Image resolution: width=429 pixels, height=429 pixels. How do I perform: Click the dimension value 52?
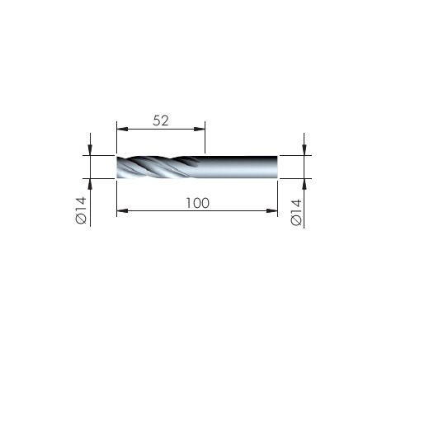[161, 120]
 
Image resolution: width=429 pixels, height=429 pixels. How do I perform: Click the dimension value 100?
[198, 203]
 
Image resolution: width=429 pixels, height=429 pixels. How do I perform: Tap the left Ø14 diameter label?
[81, 210]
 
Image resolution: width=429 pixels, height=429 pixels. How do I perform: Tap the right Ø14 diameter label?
[296, 212]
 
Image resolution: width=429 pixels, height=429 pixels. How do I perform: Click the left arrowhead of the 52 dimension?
[122, 129]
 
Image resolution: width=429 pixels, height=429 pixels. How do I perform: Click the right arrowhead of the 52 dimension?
[200, 129]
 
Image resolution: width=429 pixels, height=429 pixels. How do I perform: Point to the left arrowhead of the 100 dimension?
[122, 211]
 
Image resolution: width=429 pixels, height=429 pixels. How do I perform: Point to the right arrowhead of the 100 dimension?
[272, 211]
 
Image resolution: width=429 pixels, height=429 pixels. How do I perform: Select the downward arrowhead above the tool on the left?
[90, 150]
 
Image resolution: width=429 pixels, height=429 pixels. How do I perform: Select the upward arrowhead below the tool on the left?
[90, 184]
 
